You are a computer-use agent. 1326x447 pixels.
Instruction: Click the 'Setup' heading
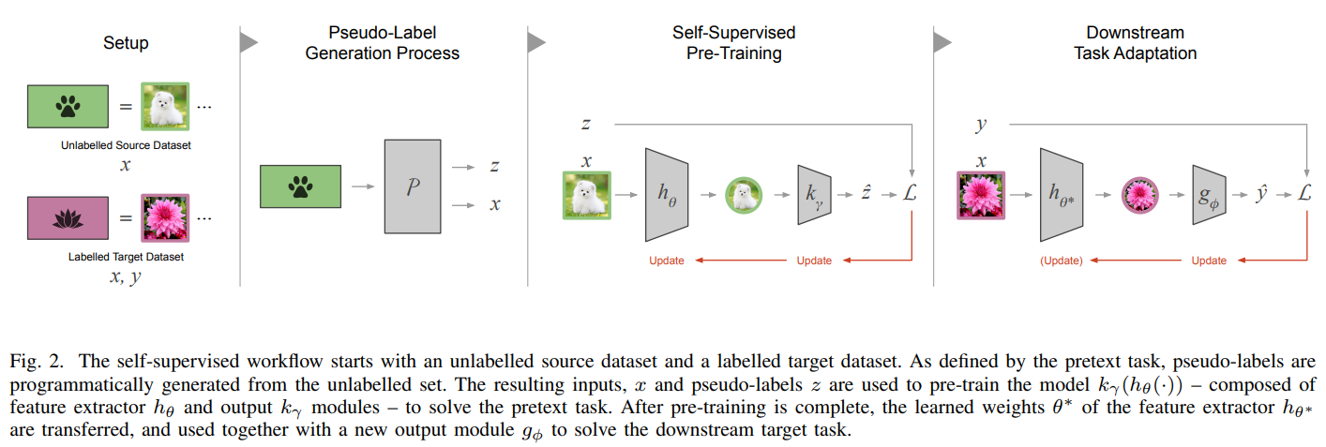point(125,43)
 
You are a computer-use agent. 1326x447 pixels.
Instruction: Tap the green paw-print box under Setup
point(68,106)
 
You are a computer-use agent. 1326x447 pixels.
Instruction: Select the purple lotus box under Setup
point(68,217)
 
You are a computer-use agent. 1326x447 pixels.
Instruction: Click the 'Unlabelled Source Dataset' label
point(125,145)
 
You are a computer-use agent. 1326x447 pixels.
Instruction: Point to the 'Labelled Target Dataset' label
point(125,256)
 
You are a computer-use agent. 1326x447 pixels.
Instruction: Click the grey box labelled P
point(412,186)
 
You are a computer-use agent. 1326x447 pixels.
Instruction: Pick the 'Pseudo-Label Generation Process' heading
point(383,43)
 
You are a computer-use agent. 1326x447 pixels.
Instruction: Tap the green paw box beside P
point(300,186)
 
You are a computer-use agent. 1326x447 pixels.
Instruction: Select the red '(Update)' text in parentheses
point(1061,261)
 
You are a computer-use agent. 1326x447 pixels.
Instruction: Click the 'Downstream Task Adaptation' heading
point(1135,43)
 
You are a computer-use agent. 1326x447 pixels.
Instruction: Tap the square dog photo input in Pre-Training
point(587,196)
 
